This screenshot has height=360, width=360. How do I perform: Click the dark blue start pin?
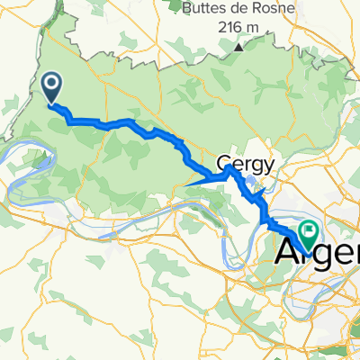click(51, 87)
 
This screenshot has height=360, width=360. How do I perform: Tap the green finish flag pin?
click(309, 235)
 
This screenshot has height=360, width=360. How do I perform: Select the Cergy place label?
click(238, 161)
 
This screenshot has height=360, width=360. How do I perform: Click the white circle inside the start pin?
click(51, 85)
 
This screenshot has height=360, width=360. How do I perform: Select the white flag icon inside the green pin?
click(309, 232)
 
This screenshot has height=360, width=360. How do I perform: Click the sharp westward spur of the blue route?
click(188, 185)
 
